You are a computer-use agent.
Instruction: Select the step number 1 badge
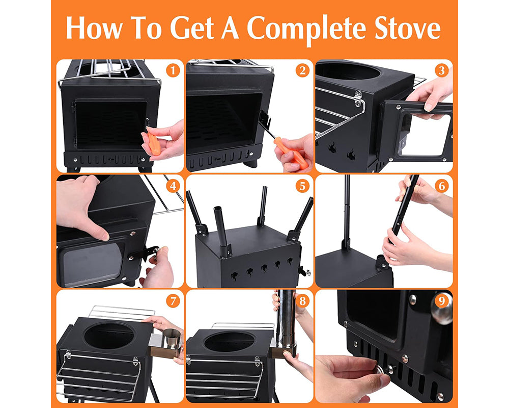click(174, 70)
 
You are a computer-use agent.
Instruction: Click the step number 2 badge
click(303, 70)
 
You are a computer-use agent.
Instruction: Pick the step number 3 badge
click(441, 70)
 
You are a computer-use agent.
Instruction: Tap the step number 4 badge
click(174, 186)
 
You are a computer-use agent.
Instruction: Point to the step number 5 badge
click(303, 186)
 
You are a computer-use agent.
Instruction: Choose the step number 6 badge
click(441, 186)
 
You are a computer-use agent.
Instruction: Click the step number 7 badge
click(174, 301)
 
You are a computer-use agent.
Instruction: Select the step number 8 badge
click(303, 301)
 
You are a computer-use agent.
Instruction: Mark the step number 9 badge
click(441, 301)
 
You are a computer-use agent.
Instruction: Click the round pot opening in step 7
click(109, 335)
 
